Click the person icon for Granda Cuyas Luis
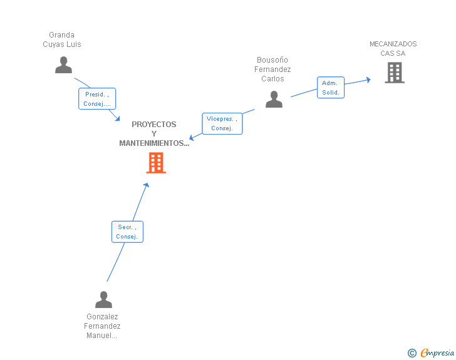coord(63,65)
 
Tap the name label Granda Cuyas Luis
coord(61,39)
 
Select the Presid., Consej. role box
coord(97,99)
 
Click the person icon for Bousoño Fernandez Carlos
coord(274,100)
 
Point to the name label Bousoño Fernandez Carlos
coord(272,69)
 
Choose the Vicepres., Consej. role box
coord(222,123)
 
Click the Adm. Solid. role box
coord(330,88)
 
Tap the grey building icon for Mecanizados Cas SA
coord(394,73)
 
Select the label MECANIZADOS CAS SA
coord(393,48)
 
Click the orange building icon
coord(155,163)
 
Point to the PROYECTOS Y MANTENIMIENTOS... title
coord(154,134)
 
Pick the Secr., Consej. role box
coord(127,232)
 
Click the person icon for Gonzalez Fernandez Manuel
coord(103,299)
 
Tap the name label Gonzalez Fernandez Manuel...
coord(102,326)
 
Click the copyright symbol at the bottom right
coord(412,353)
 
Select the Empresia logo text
coord(437,352)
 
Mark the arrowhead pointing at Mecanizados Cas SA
coord(368,80)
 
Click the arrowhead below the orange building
coord(147,185)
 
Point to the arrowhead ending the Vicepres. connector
coord(192,137)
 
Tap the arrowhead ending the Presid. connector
coord(117,119)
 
